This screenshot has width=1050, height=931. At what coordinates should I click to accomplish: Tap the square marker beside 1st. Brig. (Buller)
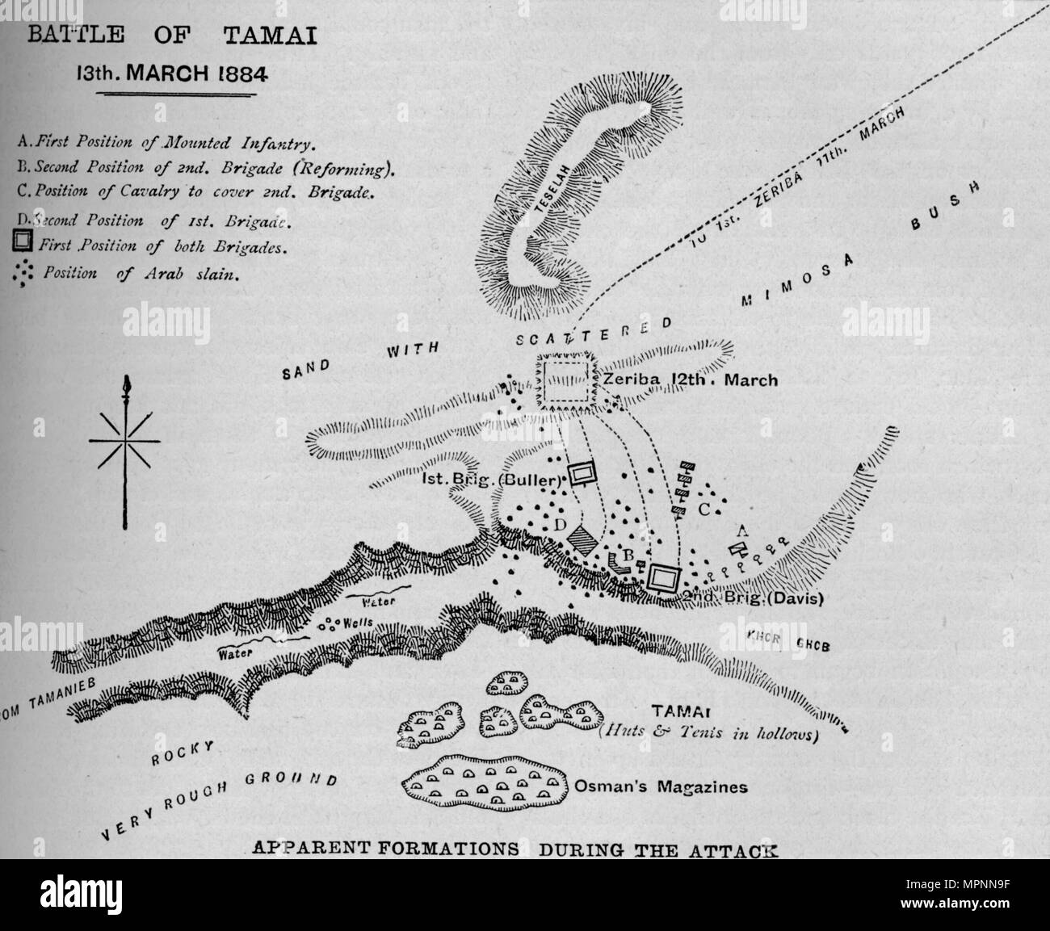click(580, 473)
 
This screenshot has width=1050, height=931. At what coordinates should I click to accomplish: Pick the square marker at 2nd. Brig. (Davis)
click(665, 577)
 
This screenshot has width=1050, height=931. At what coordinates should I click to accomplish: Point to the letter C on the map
click(703, 510)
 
